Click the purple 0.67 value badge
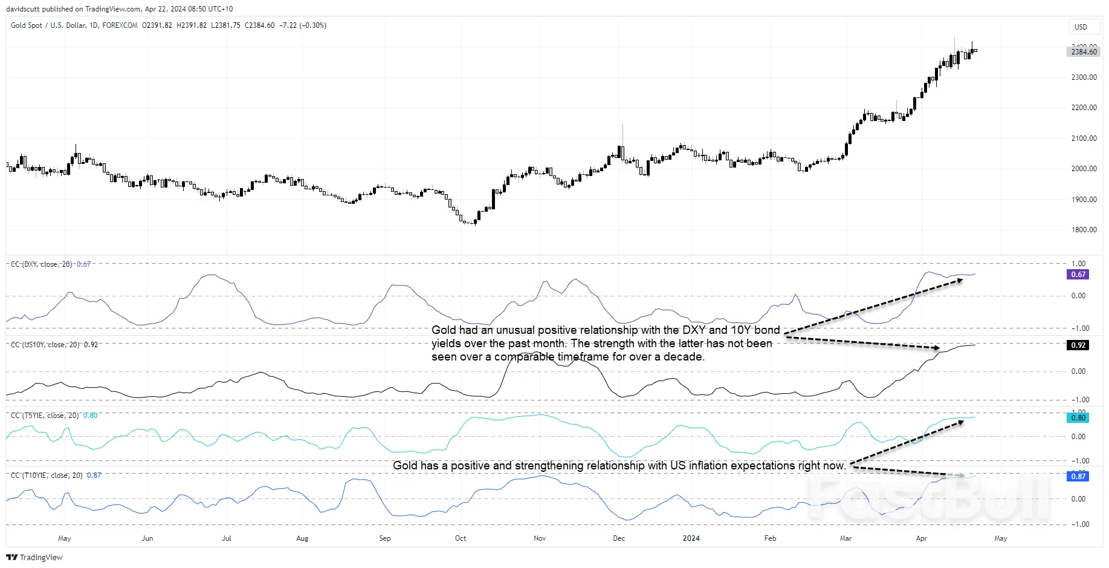(1078, 275)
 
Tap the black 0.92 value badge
(1078, 345)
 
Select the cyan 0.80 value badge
(1078, 418)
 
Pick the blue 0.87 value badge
(1078, 477)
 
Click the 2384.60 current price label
(1084, 52)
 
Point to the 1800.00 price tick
(1084, 230)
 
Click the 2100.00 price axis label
(1084, 139)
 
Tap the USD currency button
(1081, 27)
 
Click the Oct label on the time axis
(461, 538)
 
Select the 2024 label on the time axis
(691, 538)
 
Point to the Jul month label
(227, 538)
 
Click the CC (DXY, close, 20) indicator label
(41, 264)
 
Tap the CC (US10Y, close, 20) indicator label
(45, 345)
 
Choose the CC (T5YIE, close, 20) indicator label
(45, 416)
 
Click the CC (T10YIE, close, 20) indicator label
(47, 475)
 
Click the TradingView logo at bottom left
(34, 557)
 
